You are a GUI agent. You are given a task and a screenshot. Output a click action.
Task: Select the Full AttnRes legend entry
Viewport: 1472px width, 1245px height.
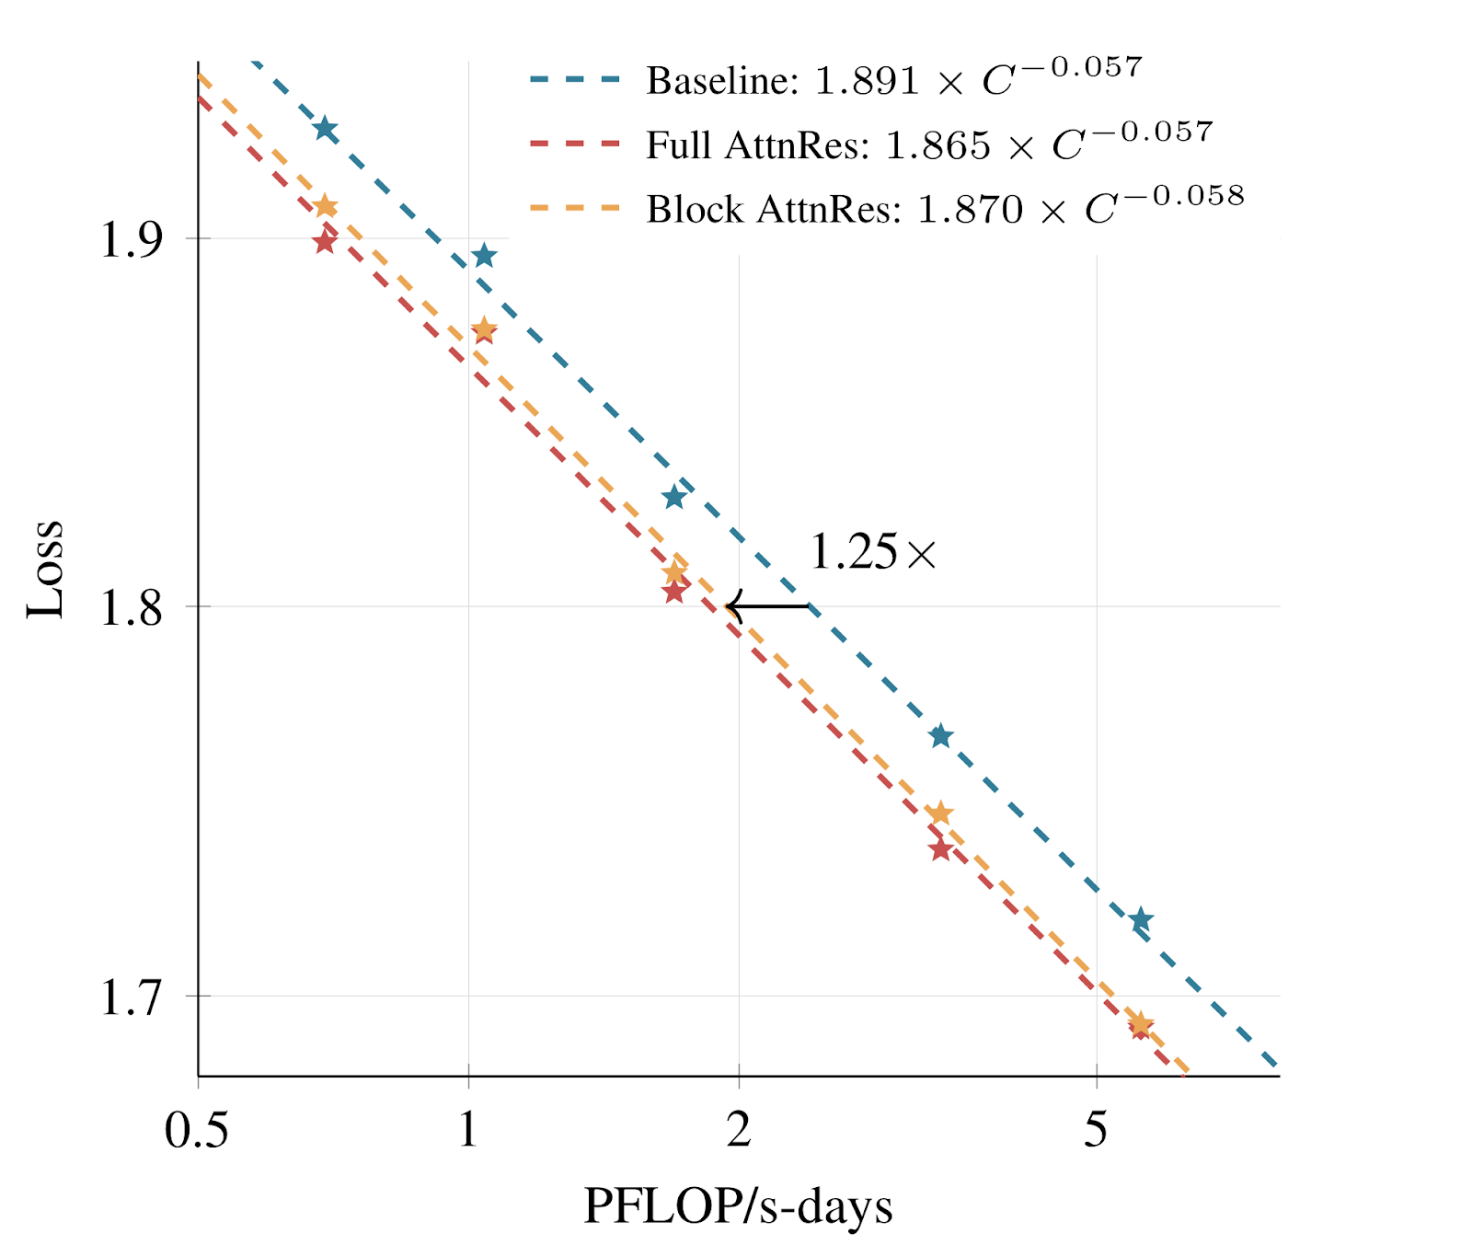pyautogui.click(x=929, y=144)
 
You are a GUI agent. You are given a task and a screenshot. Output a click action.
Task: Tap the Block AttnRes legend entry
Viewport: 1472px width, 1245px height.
pyautogui.click(x=945, y=209)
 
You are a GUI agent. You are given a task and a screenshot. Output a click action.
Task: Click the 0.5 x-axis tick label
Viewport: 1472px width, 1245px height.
pyautogui.click(x=197, y=1130)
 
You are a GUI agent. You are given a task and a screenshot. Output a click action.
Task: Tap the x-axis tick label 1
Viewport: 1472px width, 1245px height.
pyautogui.click(x=468, y=1130)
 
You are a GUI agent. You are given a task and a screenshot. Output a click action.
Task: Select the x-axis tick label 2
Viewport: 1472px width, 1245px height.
pyautogui.click(x=739, y=1130)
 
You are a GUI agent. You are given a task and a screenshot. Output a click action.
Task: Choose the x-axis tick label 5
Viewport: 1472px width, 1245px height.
pyautogui.click(x=1096, y=1130)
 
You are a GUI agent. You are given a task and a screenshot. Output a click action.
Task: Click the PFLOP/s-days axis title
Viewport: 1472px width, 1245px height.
pyautogui.click(x=738, y=1206)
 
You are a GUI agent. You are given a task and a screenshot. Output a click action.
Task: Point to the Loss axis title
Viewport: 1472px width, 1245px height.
pyautogui.click(x=45, y=569)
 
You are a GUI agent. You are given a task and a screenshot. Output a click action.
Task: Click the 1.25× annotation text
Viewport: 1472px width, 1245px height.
pyautogui.click(x=872, y=552)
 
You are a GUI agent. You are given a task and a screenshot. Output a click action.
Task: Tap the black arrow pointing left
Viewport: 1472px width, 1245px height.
pyautogui.click(x=767, y=606)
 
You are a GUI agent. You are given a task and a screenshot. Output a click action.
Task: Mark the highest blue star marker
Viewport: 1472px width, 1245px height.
pyautogui.click(x=325, y=129)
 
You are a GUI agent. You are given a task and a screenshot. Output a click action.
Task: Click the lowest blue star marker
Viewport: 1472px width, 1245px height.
pyautogui.click(x=1141, y=920)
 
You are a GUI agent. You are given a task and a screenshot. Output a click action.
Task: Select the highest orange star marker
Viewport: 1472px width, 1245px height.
pyautogui.click(x=325, y=206)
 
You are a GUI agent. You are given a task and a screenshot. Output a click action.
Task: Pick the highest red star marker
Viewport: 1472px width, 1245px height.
pyautogui.click(x=324, y=242)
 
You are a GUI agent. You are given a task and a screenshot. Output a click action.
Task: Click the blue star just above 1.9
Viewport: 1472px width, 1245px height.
pyautogui.click(x=484, y=257)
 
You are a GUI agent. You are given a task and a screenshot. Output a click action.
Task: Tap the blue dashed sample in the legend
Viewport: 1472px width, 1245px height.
pyautogui.click(x=575, y=80)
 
